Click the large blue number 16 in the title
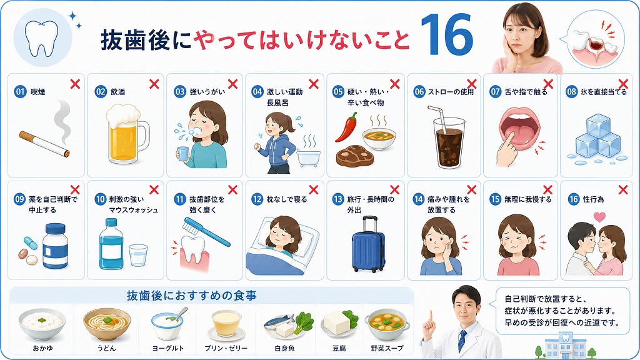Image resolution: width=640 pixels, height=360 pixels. (447, 35)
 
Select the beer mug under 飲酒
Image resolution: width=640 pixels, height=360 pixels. (127, 134)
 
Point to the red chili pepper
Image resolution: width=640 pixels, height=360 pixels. (346, 126)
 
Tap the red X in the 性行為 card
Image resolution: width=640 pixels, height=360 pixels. (623, 189)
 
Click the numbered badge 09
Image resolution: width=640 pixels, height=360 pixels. (19, 199)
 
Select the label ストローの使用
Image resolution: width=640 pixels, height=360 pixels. (451, 92)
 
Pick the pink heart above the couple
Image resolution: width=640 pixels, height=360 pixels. (599, 216)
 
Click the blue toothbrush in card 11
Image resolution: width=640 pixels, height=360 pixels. (206, 232)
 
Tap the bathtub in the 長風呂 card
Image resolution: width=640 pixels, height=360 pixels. (309, 157)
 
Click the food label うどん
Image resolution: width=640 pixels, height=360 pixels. (106, 348)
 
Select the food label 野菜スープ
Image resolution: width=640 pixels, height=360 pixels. (387, 348)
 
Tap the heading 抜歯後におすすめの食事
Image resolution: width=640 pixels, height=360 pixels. (192, 296)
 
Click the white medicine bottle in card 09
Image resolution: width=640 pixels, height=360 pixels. (55, 246)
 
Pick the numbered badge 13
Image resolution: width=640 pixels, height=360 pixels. (337, 199)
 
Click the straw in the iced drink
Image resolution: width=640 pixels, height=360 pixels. (438, 121)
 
